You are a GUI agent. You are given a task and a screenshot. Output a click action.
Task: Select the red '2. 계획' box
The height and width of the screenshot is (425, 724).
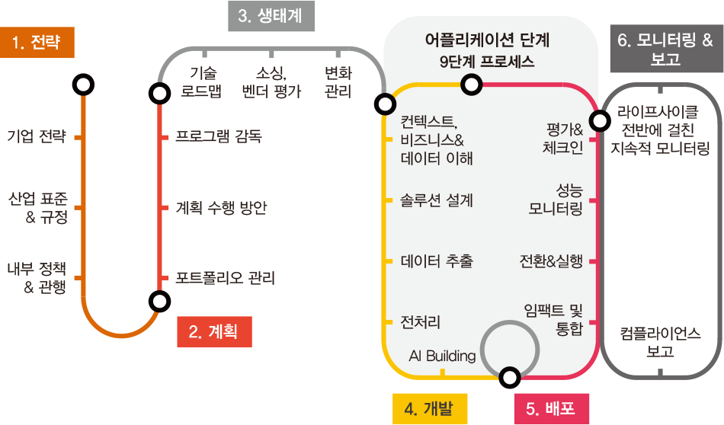214,331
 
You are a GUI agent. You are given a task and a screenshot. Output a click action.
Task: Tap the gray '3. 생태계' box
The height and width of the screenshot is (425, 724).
271,17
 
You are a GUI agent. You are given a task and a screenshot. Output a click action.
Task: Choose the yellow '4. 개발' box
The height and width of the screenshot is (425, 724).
430,408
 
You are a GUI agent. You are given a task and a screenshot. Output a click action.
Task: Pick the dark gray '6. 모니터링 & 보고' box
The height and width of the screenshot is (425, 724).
666,50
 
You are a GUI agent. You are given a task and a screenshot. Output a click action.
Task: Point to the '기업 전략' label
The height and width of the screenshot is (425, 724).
37,137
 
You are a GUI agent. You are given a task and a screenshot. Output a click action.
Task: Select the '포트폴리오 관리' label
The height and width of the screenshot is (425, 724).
226,278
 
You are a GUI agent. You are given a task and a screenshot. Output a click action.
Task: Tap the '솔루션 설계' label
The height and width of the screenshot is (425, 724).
437,200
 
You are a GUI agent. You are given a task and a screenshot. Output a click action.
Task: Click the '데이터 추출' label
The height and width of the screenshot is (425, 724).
437,261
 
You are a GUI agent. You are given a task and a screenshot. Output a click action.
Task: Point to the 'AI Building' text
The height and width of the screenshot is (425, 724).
442,356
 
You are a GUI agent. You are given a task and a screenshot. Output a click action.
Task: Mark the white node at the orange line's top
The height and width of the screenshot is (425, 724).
83,85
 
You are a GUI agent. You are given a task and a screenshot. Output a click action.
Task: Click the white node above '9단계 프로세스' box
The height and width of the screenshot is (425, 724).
473,84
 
